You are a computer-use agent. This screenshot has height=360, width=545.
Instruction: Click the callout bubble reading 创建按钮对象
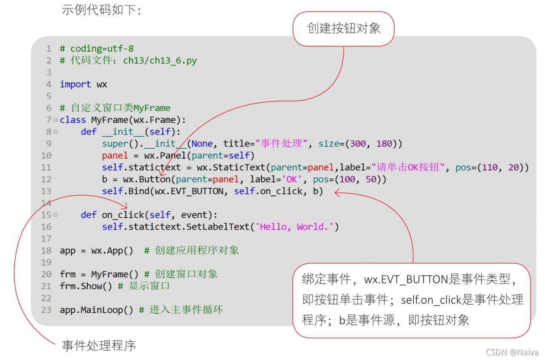click(x=344, y=29)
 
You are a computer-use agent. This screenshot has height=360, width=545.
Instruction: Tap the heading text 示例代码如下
click(x=101, y=9)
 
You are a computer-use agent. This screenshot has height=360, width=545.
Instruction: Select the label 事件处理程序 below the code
click(x=99, y=345)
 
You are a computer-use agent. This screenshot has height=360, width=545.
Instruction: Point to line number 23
click(x=46, y=310)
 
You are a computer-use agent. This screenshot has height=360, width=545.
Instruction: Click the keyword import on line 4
click(x=75, y=84)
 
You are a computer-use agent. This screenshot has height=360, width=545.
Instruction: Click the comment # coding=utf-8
click(x=97, y=49)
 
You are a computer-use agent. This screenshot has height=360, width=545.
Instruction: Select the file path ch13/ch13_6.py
click(x=160, y=60)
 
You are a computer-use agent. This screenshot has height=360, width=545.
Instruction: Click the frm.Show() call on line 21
click(x=86, y=286)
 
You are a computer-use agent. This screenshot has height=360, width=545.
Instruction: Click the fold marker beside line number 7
click(x=55, y=120)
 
